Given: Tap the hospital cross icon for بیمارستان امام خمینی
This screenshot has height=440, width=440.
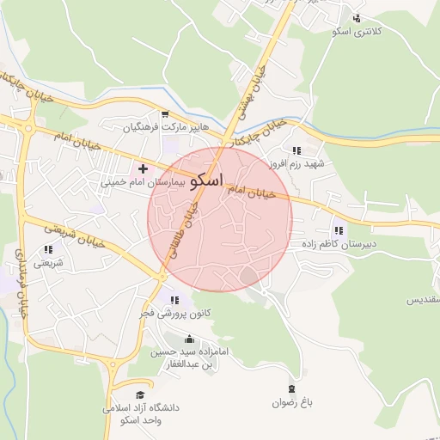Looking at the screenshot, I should click(143, 168).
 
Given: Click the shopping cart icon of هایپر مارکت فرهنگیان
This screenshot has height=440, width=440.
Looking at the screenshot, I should click(164, 114).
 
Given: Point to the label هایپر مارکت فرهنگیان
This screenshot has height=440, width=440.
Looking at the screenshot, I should click(164, 128).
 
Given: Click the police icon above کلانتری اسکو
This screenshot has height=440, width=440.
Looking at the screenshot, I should click(357, 18).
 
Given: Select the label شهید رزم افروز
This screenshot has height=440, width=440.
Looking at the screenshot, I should click(296, 163).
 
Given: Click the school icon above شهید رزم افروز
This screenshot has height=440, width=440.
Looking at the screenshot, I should click(296, 150).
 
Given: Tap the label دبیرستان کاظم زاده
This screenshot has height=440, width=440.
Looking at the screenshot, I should click(337, 244).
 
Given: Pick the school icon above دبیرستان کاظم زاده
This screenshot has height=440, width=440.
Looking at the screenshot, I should click(338, 230).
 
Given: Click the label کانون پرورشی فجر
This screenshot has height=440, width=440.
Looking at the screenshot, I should click(174, 314).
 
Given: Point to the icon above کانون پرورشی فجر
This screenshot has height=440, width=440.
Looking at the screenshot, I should click(175, 300).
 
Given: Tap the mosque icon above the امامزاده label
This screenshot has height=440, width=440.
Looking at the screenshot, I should click(190, 339).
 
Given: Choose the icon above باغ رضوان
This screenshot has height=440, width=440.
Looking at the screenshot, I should click(291, 388).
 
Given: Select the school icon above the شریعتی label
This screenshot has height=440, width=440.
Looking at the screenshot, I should click(48, 250).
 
